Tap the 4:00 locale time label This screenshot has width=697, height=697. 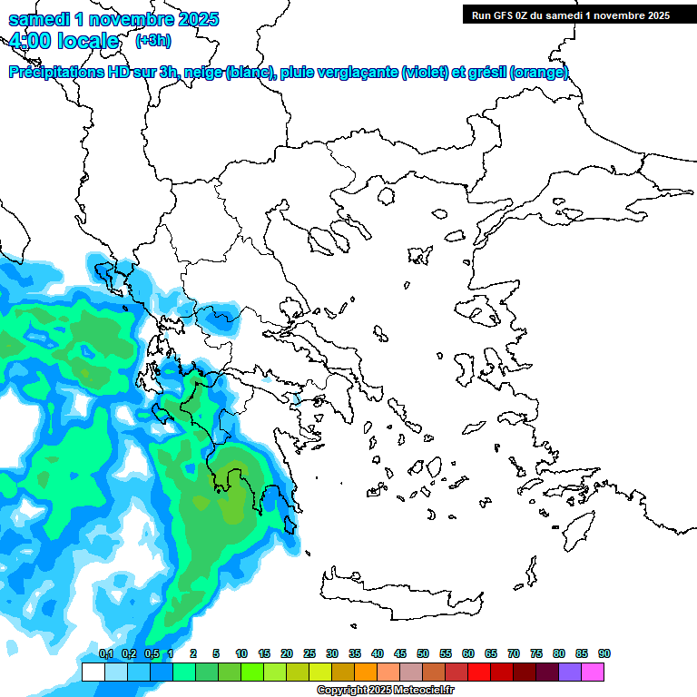[x=64, y=41]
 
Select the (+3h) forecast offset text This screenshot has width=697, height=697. [x=151, y=41]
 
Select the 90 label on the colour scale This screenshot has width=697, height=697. [x=604, y=654]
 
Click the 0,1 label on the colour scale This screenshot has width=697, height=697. [x=105, y=654]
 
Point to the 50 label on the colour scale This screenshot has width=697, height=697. [x=423, y=654]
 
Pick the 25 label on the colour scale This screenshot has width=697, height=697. [x=309, y=654]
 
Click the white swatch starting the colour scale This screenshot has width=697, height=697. [x=93, y=672]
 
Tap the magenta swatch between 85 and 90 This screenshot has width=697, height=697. [x=593, y=672]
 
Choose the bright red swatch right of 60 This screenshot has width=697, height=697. [x=479, y=672]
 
